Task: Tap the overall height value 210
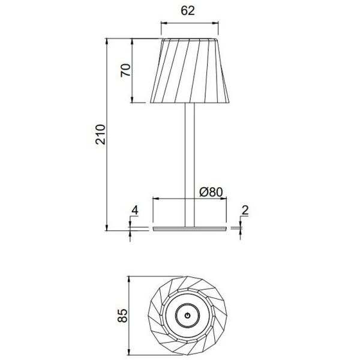pos(101,134)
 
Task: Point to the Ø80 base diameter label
pos(211,193)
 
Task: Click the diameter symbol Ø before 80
pos(203,193)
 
